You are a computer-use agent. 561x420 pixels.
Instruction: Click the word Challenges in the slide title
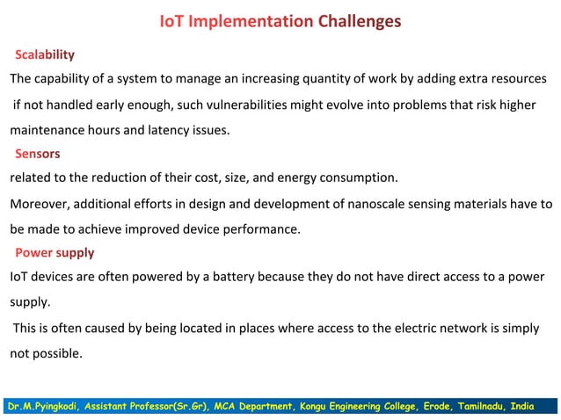coord(360,21)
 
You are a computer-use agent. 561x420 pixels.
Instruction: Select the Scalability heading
coord(45,54)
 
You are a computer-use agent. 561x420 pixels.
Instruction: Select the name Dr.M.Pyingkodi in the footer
coord(44,406)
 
